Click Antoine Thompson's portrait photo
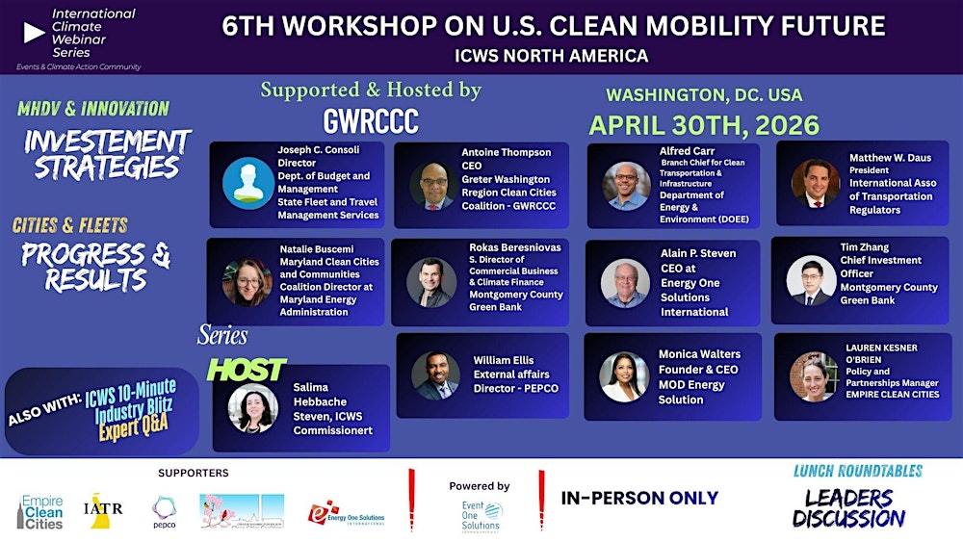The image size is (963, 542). [x=432, y=185]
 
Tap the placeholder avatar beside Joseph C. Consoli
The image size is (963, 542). [x=247, y=181]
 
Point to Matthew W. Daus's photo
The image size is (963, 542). [x=816, y=183]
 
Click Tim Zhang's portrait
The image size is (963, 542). [x=811, y=280]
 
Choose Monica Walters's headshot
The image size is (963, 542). [x=624, y=376]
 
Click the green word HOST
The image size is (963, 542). [x=247, y=369]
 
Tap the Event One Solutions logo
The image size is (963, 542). [x=481, y=514]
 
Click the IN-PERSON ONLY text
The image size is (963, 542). [x=639, y=498]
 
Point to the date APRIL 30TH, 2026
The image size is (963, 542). [x=704, y=125]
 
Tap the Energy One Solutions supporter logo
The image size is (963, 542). [x=346, y=513]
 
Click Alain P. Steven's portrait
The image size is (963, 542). [x=625, y=283]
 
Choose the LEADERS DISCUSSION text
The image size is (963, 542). [x=848, y=506]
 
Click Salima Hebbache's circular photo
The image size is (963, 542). [x=252, y=408]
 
